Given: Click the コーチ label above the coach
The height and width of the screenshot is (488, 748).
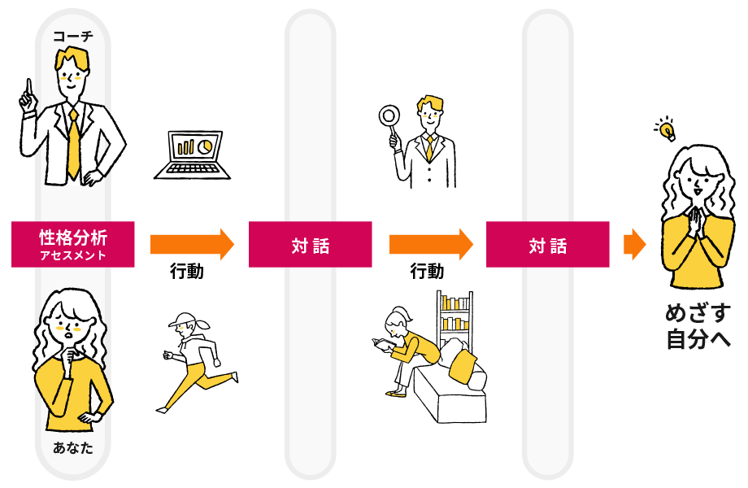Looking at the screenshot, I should click(x=73, y=35).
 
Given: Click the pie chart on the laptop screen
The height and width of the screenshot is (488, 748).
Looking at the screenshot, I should click(x=205, y=145).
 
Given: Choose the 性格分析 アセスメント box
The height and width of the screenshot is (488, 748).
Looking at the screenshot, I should click(x=73, y=245).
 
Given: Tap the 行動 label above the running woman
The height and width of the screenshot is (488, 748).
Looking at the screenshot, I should click(x=187, y=272).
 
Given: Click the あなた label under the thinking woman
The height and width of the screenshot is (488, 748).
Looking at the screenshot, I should click(x=73, y=448).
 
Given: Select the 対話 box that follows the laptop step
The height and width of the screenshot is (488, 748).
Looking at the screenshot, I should click(x=310, y=245).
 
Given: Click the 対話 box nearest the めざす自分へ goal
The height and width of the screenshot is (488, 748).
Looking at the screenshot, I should click(x=547, y=245).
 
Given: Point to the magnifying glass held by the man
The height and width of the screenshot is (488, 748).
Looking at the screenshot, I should click(x=388, y=117).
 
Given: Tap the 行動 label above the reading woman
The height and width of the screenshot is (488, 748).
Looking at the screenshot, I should click(x=427, y=272).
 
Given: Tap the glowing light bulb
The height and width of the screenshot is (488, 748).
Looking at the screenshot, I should click(x=666, y=129).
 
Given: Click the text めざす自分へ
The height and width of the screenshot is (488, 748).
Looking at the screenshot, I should click(x=698, y=326).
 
